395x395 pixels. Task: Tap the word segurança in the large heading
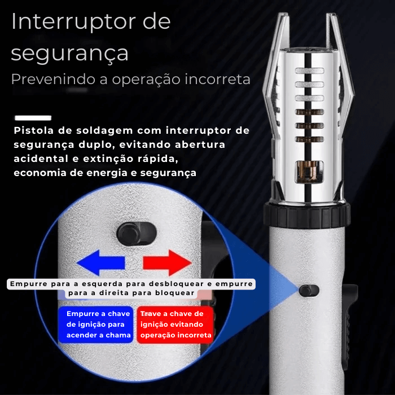pos(69,53)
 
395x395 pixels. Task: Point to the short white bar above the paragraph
pos(33,118)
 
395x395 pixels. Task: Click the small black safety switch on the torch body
pos(309,290)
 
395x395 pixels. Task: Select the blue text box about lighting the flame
pos(95,324)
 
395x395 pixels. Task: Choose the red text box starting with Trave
pos(175,324)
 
